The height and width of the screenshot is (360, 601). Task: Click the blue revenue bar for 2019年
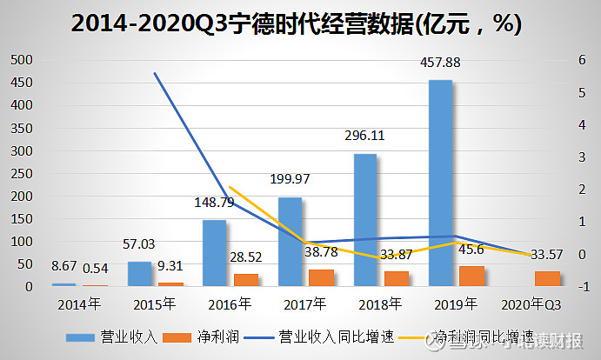tap(440, 183)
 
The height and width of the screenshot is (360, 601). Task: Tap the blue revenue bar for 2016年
tap(214, 253)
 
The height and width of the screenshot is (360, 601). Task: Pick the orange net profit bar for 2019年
tap(471, 276)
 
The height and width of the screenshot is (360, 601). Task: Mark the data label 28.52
tap(246, 261)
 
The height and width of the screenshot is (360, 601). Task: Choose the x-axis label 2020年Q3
tap(532, 304)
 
